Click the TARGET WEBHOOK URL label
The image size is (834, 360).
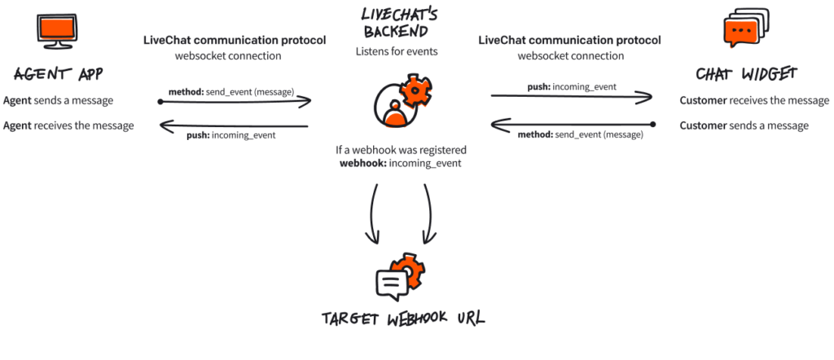[402, 318]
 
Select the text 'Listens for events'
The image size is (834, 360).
[397, 51]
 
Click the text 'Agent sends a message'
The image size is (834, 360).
[58, 101]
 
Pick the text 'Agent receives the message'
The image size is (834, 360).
[68, 125]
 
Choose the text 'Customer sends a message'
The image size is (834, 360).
[744, 125]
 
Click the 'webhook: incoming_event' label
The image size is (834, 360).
[400, 163]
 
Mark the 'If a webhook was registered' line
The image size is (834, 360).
[399, 150]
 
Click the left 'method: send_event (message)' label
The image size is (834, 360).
[230, 91]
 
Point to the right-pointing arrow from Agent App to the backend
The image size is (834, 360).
[236, 102]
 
